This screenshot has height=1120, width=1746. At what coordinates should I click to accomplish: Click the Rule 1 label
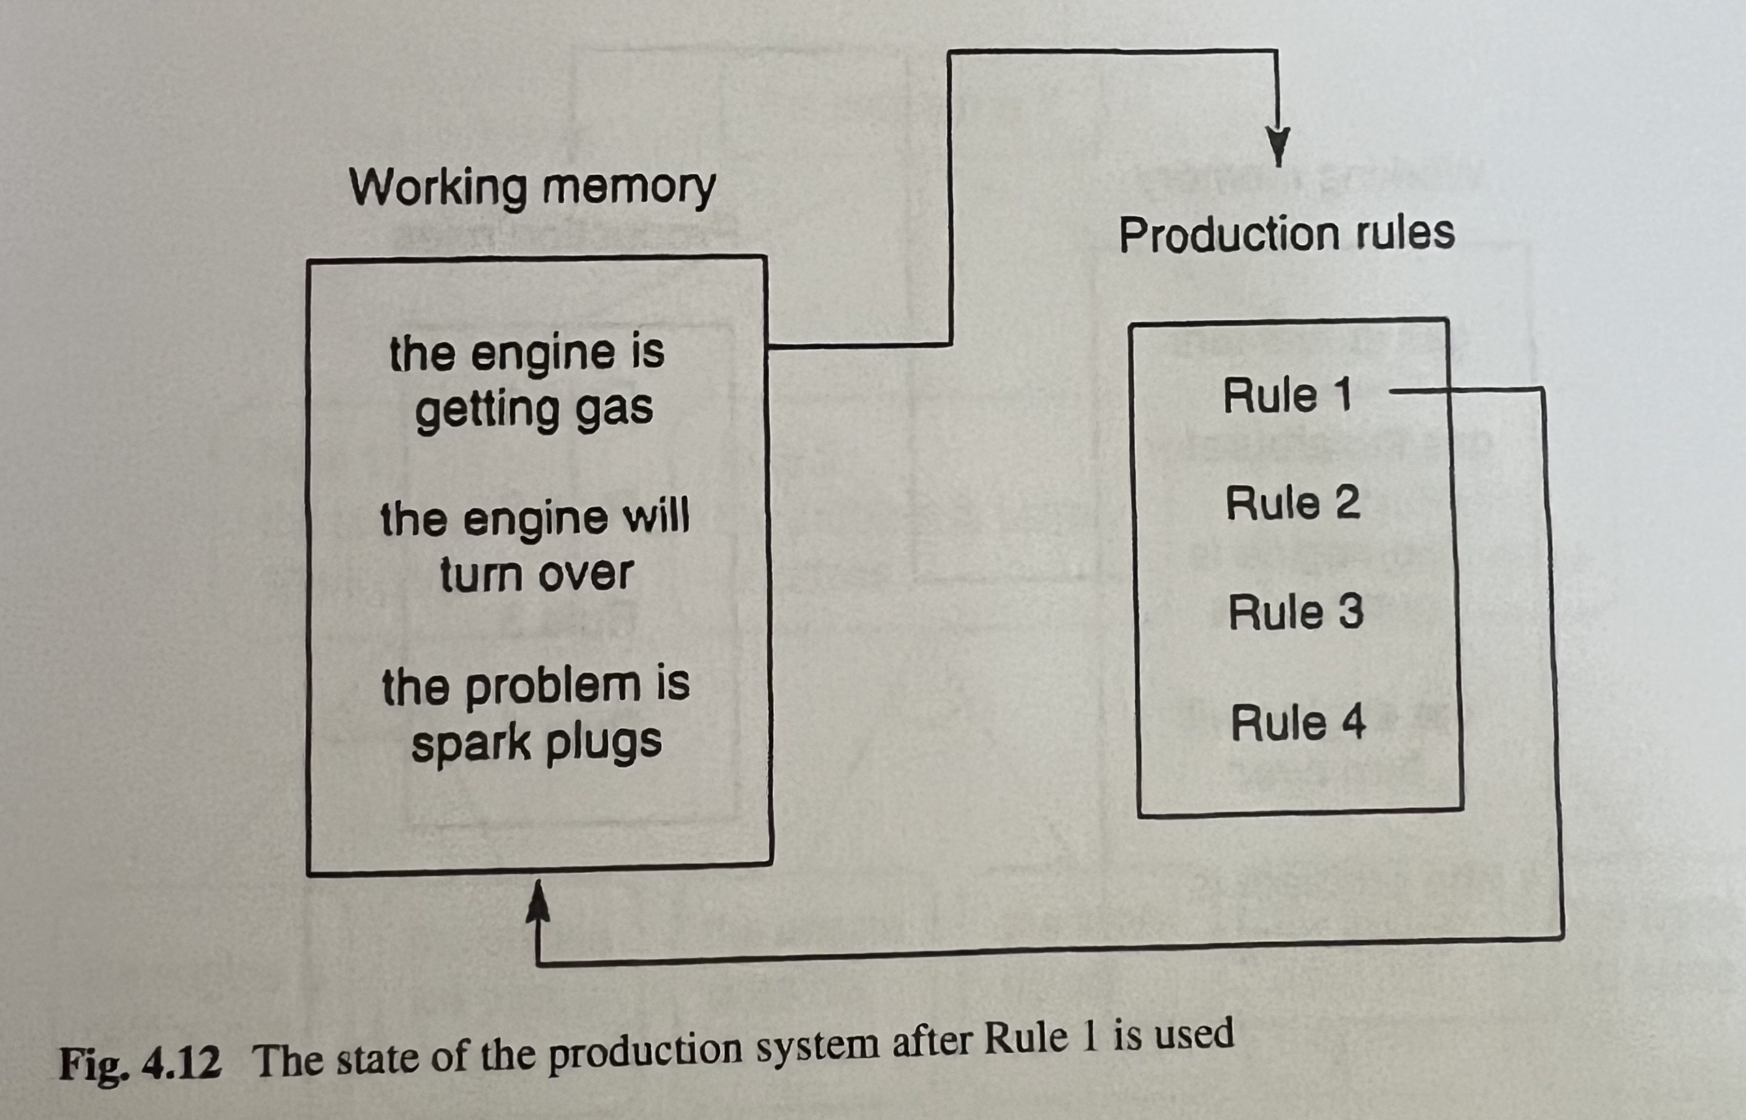coord(1287,395)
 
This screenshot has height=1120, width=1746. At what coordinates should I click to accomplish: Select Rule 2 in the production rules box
coord(1291,503)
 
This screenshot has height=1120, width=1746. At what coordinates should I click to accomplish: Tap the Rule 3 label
coord(1296,613)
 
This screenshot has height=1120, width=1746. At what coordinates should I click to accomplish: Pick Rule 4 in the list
coord(1298,723)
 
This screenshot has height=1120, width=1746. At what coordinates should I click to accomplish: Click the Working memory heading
coord(532,188)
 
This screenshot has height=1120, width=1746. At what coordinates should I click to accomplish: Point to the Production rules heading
coord(1286,234)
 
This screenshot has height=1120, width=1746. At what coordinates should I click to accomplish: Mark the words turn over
coord(536,574)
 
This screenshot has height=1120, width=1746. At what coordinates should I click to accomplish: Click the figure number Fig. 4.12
coord(139,1065)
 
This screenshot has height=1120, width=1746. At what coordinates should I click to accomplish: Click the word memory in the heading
coord(628,188)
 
